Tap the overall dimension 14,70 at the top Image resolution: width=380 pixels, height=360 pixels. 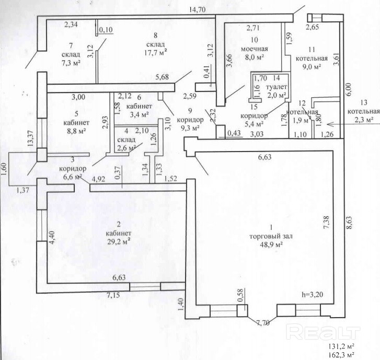[198, 9]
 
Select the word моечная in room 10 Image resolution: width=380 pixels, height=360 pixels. [255, 49]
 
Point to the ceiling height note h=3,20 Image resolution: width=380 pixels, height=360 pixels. [313, 294]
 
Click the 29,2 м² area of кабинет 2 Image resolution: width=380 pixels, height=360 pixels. [119, 241]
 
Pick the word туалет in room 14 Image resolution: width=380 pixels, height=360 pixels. [277, 87]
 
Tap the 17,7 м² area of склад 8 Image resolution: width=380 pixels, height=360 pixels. [156, 52]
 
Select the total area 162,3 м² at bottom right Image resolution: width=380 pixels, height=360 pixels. [342, 355]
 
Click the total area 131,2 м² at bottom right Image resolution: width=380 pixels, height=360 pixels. [342, 346]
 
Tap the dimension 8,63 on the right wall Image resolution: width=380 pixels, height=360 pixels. [350, 223]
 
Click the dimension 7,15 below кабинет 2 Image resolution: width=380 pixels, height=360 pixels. [113, 295]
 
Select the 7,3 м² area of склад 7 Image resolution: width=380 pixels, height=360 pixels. [71, 63]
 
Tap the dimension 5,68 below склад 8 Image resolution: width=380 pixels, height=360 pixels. [162, 77]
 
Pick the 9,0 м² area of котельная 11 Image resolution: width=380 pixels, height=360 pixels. [312, 67]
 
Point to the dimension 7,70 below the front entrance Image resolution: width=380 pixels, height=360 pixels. [262, 323]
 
